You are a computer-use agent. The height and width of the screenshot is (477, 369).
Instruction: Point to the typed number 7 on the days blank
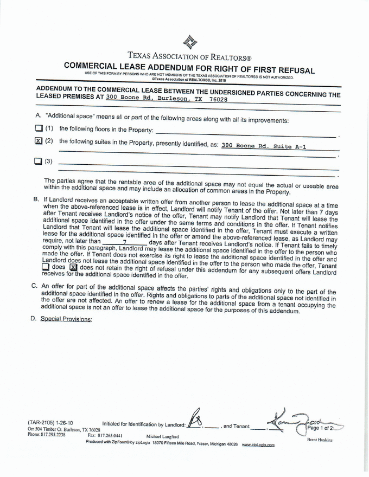point(124,242)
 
